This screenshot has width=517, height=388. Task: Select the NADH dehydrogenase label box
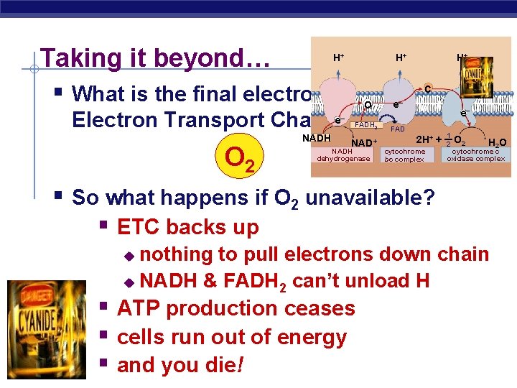pos(343,155)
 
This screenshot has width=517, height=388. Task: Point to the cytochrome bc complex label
pos(405,155)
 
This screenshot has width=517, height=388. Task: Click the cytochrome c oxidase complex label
pos(478,155)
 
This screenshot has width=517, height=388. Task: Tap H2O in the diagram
pos(497,142)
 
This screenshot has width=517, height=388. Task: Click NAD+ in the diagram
pos(365,142)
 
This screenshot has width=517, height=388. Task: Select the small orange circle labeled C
pos(427,88)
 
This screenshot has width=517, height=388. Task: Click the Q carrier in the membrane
pos(367,106)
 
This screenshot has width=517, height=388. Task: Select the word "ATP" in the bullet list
pos(139,308)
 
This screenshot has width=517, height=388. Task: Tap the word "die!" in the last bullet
pos(223,365)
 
